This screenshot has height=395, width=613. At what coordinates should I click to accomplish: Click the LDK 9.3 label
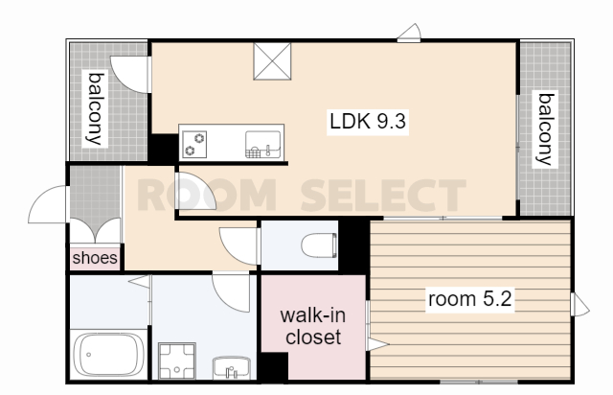tap(368, 122)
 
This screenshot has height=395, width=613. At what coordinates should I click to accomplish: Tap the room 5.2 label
tap(469, 299)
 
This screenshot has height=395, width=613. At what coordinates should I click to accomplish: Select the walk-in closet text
tap(313, 326)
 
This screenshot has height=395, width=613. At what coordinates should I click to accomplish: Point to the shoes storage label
tap(95, 258)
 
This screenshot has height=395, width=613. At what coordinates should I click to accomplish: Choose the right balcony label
tap(545, 129)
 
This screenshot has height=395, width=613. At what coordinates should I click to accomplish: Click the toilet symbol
tap(319, 245)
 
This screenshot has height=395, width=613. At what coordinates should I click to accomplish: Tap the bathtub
tap(108, 355)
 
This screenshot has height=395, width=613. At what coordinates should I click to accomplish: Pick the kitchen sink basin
tap(262, 145)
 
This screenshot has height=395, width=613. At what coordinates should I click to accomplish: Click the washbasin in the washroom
tap(232, 368)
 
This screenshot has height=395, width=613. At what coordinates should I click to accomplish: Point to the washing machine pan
tap(177, 360)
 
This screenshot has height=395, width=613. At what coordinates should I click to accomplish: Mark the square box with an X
tap(272, 61)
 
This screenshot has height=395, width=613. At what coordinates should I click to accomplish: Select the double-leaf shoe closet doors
tap(95, 231)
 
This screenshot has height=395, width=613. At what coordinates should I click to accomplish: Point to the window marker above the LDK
tap(409, 33)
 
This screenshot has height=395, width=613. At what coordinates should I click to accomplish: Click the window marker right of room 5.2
tap(579, 305)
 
